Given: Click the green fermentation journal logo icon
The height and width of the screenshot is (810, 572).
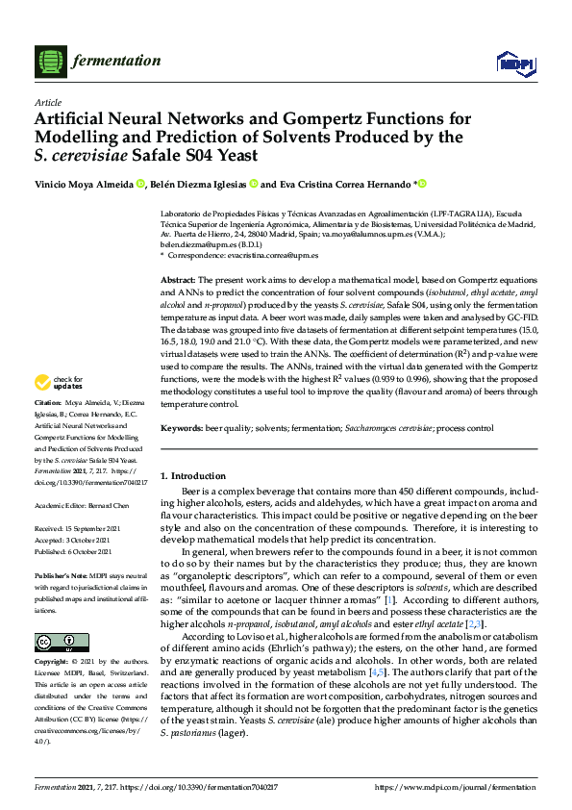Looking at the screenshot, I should pos(48,61).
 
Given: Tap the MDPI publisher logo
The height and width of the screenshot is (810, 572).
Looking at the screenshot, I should pos(515,63).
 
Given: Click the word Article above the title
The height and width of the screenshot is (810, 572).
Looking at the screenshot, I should pos(47,102).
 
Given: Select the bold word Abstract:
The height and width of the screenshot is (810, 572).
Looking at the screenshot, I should pos(180,278).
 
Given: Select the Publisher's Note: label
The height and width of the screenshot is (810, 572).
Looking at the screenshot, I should pos(60,573).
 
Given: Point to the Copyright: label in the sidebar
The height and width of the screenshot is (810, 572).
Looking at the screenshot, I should pos(53,662).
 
